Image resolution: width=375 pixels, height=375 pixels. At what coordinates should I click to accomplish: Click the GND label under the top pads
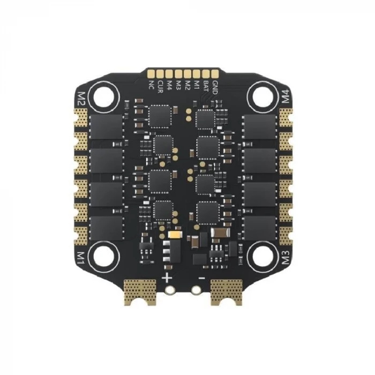(215, 87)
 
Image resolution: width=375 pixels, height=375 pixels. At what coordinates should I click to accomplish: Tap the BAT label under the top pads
(206, 86)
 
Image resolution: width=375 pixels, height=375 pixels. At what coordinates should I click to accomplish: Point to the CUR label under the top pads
(161, 87)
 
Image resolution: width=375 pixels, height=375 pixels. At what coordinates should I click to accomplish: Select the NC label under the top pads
(151, 85)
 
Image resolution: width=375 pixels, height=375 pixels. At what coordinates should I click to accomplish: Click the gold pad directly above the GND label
(215, 74)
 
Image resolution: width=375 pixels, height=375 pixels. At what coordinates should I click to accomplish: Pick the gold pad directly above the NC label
(151, 74)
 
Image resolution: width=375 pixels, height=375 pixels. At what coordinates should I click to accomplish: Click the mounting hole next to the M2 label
(104, 97)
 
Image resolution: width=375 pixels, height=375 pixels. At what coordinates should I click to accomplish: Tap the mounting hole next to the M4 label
(263, 96)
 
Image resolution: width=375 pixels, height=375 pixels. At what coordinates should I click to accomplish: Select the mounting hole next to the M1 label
(104, 257)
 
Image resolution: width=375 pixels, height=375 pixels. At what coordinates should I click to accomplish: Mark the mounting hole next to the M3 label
(263, 256)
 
